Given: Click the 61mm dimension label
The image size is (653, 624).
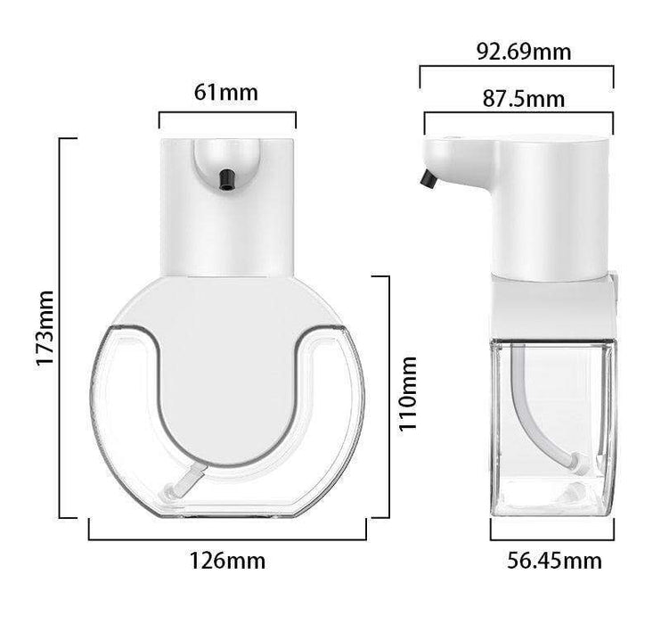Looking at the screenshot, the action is click(225, 93).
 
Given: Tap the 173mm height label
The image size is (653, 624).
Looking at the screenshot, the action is click(45, 328).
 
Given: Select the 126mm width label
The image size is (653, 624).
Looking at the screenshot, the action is click(227, 561).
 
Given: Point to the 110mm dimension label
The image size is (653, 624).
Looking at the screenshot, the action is click(407, 394).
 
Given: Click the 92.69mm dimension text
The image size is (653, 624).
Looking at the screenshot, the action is click(524, 52).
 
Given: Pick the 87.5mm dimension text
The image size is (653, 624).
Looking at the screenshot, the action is click(524, 99).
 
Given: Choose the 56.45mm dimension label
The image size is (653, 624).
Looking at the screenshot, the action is click(554, 561).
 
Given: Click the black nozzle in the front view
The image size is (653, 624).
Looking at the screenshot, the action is click(226, 180).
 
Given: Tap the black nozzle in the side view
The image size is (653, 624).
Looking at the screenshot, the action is click(429, 179).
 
